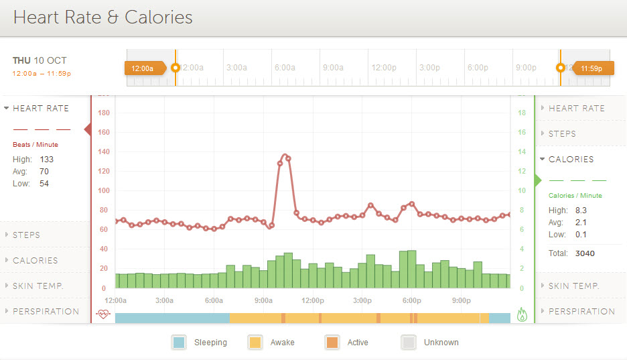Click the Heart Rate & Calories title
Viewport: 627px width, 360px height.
click(102, 17)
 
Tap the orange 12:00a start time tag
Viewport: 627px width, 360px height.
click(143, 68)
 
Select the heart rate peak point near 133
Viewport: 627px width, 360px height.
click(285, 156)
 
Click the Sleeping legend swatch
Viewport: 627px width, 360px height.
click(179, 342)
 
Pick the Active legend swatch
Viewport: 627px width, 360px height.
click(332, 342)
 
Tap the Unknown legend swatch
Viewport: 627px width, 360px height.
click(408, 342)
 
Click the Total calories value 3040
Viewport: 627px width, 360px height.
click(585, 253)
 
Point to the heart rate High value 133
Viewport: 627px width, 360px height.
click(46, 160)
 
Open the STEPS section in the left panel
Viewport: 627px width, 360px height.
click(26, 235)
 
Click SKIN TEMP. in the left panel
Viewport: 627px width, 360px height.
click(38, 286)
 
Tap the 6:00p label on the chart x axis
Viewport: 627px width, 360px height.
click(412, 300)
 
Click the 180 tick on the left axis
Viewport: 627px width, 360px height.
click(103, 113)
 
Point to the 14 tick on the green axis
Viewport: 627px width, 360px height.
click(522, 152)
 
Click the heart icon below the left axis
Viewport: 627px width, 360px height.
click(102, 313)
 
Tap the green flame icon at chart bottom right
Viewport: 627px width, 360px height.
click(522, 313)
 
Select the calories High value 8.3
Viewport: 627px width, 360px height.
click(581, 211)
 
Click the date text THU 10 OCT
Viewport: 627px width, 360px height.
click(40, 61)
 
